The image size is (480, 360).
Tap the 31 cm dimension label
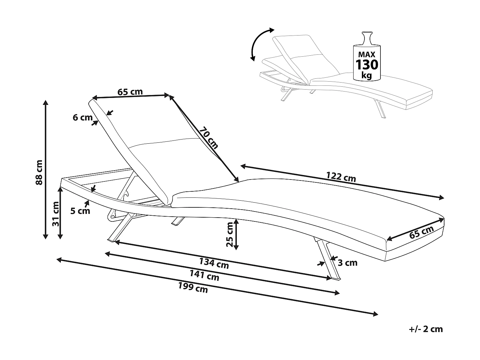(56, 214)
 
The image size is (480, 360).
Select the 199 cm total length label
(193, 288)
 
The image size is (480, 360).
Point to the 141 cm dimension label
(204, 276)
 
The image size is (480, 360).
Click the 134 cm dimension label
(214, 263)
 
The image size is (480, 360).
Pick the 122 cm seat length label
(341, 177)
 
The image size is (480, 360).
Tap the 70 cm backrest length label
(208, 138)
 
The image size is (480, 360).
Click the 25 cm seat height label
(230, 235)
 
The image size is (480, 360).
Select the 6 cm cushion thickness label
(82, 117)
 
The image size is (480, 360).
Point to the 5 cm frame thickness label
(80, 211)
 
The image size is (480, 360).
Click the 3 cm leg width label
(348, 263)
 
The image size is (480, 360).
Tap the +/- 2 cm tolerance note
(426, 329)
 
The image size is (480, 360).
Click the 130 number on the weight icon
(367, 65)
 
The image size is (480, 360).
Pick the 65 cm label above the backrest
(130, 92)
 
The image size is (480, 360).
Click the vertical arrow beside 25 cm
(236, 235)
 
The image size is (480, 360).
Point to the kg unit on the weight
(367, 76)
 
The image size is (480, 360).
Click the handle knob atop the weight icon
(367, 34)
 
